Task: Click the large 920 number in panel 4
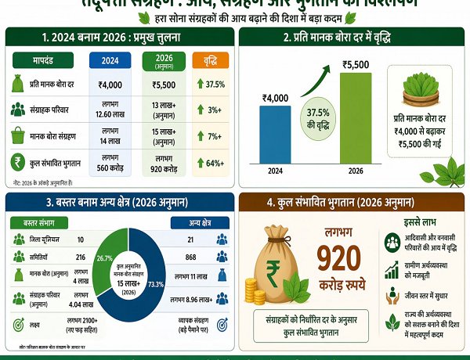(338, 260)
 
